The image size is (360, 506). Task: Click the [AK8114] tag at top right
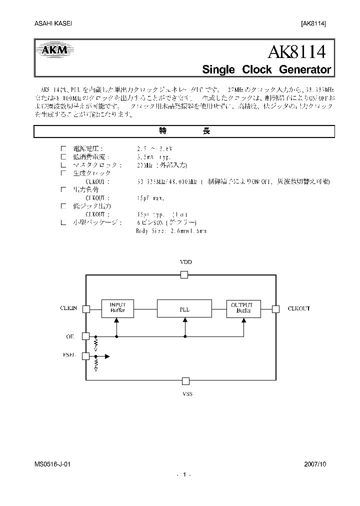coord(313,24)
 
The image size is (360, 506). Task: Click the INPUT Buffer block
coord(117,307)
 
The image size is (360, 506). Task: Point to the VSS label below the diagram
coord(185,394)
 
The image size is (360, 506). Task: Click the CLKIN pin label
coord(69,308)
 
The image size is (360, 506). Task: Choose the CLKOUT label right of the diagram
coord(298,308)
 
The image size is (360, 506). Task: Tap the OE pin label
coord(70,336)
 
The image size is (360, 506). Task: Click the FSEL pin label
coord(69,355)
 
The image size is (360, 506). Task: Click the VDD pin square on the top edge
coord(184,274)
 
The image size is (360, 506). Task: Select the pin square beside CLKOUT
coord(274,308)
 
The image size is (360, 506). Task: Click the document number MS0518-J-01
coord(50,464)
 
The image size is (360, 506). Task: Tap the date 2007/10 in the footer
coord(314,464)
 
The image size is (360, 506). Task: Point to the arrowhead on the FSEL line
coord(106,356)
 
